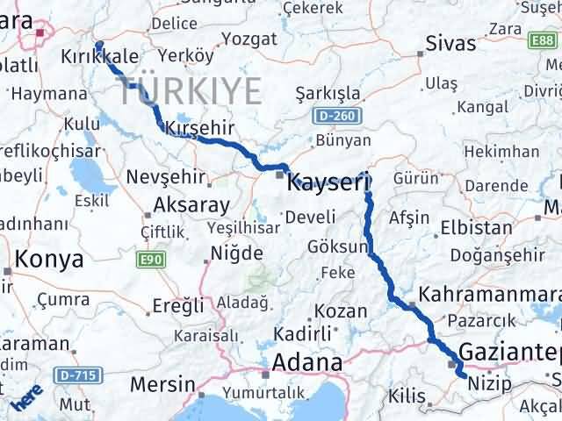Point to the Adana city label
(306, 361)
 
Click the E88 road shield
(541, 41)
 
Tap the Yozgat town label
(249, 39)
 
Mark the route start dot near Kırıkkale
(98, 45)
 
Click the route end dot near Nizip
(463, 375)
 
